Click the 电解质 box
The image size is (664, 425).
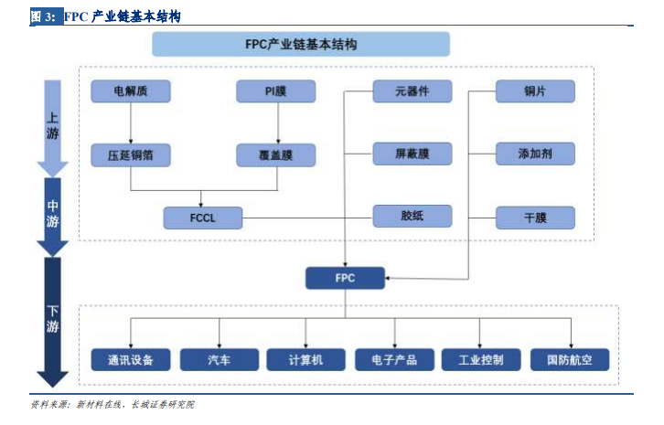point(131,91)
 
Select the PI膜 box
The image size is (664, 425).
point(275,91)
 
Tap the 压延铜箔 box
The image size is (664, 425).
point(131,155)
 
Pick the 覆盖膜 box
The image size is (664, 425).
point(275,155)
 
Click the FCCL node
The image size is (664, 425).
point(203,218)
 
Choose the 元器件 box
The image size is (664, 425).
point(412,91)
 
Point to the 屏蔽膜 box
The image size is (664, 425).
point(412,154)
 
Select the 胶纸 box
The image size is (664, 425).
point(412,216)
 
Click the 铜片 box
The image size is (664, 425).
point(535,91)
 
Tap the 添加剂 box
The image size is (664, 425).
point(535,154)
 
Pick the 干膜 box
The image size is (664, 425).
point(535,218)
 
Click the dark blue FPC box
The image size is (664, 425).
point(345,278)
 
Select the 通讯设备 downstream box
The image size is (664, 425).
point(131,360)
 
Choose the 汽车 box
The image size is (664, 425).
point(220,360)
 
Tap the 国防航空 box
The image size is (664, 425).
point(570,360)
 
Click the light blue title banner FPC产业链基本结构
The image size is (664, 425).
point(301,44)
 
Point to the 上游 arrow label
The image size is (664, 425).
point(52,126)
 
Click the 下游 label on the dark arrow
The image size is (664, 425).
point(52,319)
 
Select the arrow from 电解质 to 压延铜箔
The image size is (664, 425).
point(131,123)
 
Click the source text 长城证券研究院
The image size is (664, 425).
point(163,405)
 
